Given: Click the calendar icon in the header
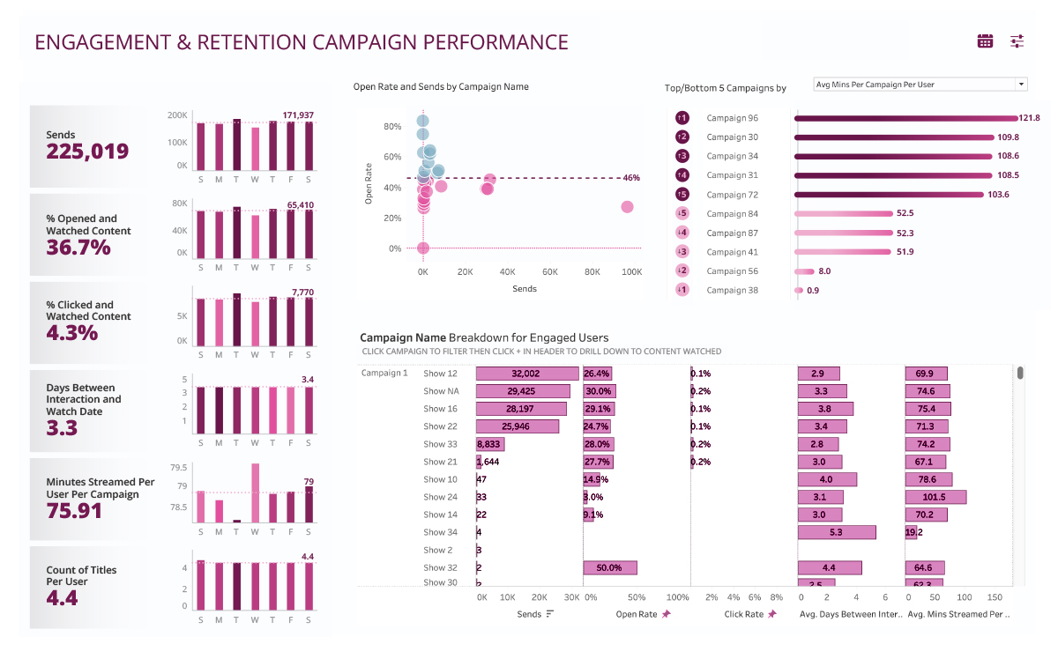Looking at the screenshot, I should tap(985, 41).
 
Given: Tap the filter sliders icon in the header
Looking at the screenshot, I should tap(1017, 41).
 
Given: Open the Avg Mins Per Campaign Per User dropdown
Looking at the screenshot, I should tap(920, 85).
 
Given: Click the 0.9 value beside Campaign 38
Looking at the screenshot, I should tap(813, 290).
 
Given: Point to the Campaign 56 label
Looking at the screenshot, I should tap(732, 271).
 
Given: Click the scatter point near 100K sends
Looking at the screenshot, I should tap(627, 207).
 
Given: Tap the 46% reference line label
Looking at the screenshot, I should tap(631, 178).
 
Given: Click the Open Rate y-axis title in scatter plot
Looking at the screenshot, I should tap(369, 183).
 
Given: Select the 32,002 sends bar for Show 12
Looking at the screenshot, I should tap(526, 374).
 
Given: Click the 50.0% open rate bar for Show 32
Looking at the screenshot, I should tap(610, 568).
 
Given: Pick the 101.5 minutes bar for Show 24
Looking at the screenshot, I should tap(935, 498).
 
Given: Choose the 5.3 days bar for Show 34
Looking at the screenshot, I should tap(836, 532).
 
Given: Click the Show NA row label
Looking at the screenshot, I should tap(441, 391).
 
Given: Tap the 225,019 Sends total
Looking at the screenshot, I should tap(87, 152).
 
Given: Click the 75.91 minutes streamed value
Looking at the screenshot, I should tap(75, 510).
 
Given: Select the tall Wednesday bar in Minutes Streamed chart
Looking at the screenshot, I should tap(255, 492).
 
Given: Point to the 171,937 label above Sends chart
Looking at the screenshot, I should tap(298, 115).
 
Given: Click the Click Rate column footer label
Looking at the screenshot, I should tap(743, 614).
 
